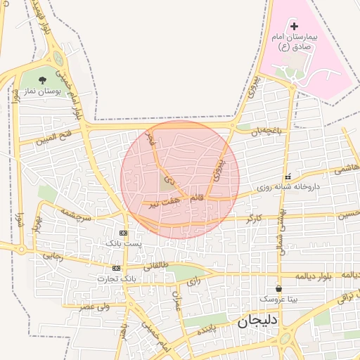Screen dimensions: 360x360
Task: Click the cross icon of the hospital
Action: click(x=294, y=26)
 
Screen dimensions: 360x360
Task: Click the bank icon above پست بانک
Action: click(x=123, y=233)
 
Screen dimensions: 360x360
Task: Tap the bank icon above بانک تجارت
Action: click(x=116, y=268)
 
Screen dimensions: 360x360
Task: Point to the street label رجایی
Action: click(x=53, y=257)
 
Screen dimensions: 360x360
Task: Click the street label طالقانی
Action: click(x=156, y=267)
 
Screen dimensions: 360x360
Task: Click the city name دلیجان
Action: click(x=254, y=323)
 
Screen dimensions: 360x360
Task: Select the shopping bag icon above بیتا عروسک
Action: click(x=279, y=289)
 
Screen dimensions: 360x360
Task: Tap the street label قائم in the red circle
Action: click(x=196, y=198)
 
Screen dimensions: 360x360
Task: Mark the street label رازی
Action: click(x=194, y=281)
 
